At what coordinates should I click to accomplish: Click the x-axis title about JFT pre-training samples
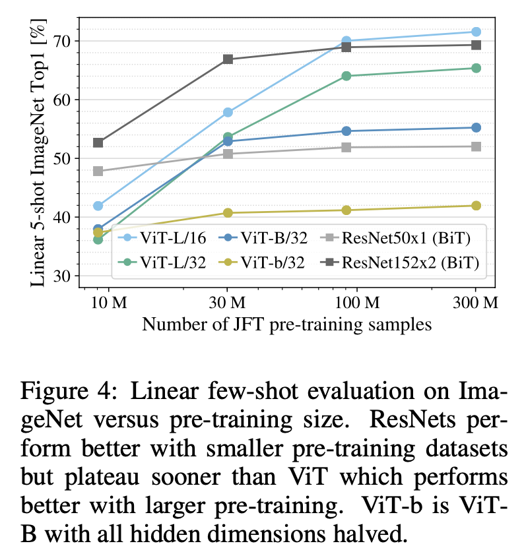click(x=286, y=324)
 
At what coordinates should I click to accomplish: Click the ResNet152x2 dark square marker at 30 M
click(x=228, y=59)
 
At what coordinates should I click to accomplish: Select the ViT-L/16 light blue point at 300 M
click(x=475, y=32)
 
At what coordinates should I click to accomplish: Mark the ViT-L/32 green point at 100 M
click(x=346, y=76)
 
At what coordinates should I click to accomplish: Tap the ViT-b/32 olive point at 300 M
click(x=475, y=206)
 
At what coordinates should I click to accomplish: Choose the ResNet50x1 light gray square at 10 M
click(x=98, y=171)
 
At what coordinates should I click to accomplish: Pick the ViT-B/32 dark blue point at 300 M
click(x=475, y=127)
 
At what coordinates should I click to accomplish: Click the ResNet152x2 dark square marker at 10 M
click(x=98, y=142)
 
